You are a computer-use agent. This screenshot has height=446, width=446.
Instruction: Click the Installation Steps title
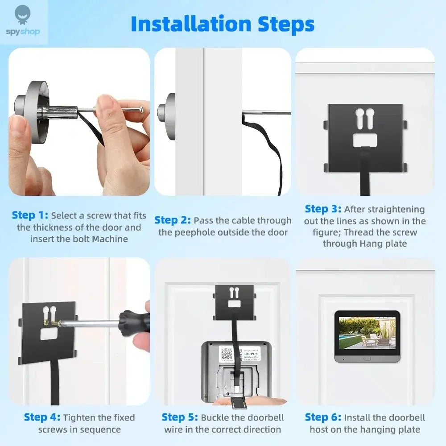(223, 24)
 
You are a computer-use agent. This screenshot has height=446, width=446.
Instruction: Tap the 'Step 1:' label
(30, 215)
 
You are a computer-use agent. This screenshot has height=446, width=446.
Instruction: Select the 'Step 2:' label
(173, 220)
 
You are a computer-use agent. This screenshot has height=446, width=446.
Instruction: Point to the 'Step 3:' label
(323, 209)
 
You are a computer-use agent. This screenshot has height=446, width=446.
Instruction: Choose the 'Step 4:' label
(42, 417)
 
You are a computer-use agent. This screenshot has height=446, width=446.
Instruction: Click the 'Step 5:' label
(180, 417)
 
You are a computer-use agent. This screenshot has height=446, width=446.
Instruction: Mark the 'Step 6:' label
(323, 417)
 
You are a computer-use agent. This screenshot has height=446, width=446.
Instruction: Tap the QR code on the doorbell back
(227, 354)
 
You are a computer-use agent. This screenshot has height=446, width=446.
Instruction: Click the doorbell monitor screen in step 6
(367, 332)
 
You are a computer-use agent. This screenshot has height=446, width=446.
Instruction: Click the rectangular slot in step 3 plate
(365, 140)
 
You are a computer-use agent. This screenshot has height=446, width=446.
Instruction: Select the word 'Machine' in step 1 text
(110, 239)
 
